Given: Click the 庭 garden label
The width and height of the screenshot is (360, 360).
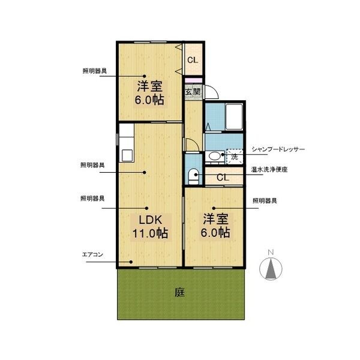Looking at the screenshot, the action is (x=179, y=292).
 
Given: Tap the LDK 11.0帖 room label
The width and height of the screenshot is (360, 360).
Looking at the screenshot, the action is (x=151, y=227).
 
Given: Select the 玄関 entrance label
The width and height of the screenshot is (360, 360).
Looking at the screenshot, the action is (x=193, y=92).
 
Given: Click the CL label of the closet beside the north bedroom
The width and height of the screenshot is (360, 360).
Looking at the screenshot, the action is (x=193, y=60).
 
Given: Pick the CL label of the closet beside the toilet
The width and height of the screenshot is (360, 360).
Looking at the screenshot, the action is (x=223, y=177).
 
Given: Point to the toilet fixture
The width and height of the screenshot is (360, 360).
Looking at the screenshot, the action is (x=194, y=176).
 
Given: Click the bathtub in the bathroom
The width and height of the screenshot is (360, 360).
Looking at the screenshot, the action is (x=234, y=116).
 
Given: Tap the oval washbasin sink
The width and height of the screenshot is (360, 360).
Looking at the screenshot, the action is (x=214, y=156).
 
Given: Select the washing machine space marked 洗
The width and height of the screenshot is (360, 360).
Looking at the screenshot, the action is (x=235, y=157).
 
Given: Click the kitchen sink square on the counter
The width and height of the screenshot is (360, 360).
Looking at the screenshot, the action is (x=127, y=155).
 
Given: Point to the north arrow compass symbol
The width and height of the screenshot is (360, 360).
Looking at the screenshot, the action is (x=271, y=269).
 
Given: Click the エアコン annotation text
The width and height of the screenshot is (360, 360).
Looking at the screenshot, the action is (x=92, y=254).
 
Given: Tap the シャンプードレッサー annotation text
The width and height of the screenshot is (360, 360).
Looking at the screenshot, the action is (x=278, y=149).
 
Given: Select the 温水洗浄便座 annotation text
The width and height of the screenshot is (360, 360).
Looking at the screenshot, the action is (x=269, y=170).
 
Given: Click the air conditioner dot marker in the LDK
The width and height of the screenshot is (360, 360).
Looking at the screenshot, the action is (x=131, y=262).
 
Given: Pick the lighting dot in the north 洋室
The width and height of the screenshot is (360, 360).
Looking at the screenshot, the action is (x=145, y=76).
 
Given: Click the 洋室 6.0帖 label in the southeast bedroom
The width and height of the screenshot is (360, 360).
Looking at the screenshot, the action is (x=215, y=226).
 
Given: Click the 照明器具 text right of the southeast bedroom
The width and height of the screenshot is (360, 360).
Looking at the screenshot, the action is (x=265, y=201).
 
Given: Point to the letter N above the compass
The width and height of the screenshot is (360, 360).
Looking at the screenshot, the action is (x=271, y=253).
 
